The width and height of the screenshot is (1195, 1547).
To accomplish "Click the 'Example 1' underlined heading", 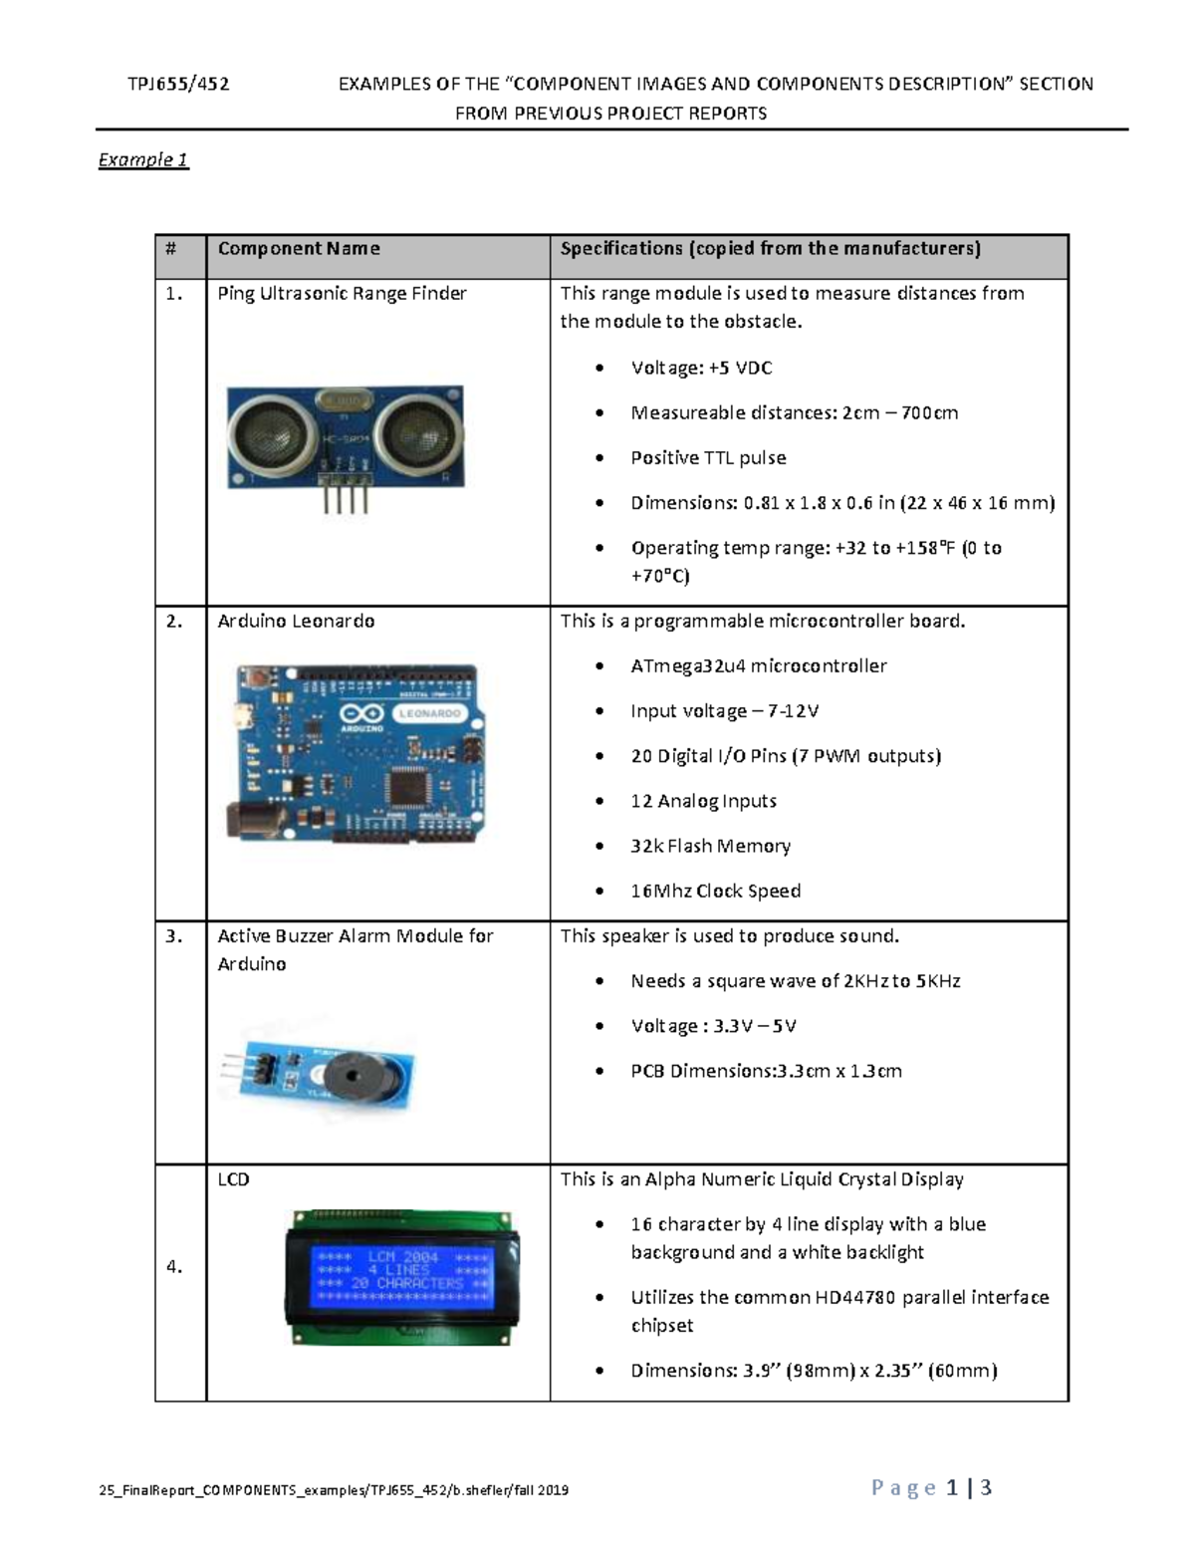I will tap(143, 160).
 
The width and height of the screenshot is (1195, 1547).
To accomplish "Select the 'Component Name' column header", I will tap(299, 249).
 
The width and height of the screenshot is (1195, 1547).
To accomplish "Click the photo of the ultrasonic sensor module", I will tap(345, 437).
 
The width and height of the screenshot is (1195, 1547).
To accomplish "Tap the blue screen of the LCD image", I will tap(403, 1271).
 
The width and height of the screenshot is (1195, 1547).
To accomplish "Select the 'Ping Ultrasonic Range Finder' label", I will tap(342, 294).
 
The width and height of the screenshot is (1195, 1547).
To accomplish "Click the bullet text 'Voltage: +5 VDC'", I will tap(701, 369).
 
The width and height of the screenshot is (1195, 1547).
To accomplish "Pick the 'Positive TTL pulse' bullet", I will tap(708, 458).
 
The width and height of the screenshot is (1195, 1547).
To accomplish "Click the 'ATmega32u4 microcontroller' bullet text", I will tap(758, 666).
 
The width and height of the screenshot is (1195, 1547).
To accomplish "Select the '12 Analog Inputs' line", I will tap(703, 802).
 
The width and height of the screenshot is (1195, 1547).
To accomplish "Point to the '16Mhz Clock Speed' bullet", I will tap(715, 892).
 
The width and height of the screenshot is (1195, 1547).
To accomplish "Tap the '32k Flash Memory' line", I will tap(710, 847).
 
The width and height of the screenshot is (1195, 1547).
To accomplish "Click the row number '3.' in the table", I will tap(174, 936).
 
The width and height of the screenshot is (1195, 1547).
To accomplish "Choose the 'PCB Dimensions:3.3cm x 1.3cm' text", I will tap(766, 1072).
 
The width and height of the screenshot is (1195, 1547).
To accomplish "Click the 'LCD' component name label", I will tap(233, 1179).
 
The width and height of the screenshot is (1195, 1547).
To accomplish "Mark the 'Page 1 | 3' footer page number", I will tap(931, 1488).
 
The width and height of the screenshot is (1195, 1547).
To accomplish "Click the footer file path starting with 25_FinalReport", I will tap(334, 1490).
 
